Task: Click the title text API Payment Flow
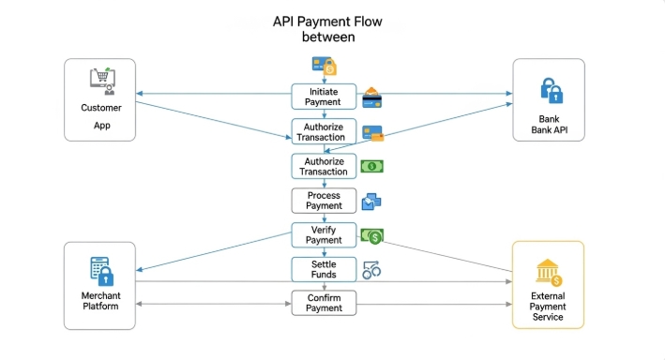click(327, 21)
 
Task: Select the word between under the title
click(327, 37)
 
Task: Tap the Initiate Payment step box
click(324, 97)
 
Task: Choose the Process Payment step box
click(324, 200)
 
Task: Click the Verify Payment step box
click(324, 234)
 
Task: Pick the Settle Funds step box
click(324, 268)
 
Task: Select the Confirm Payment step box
click(324, 303)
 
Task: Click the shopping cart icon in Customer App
click(100, 81)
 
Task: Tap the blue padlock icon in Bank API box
click(550, 90)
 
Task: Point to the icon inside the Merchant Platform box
click(100, 270)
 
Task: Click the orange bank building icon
click(548, 273)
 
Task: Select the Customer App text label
click(100, 116)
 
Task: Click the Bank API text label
click(548, 125)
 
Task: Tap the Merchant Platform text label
click(100, 301)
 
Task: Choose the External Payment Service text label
click(548, 306)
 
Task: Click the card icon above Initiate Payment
click(324, 66)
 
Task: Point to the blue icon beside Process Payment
click(371, 201)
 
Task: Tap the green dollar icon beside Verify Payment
click(372, 236)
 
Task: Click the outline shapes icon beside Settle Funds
click(371, 270)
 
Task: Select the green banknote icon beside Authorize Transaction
click(371, 167)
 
